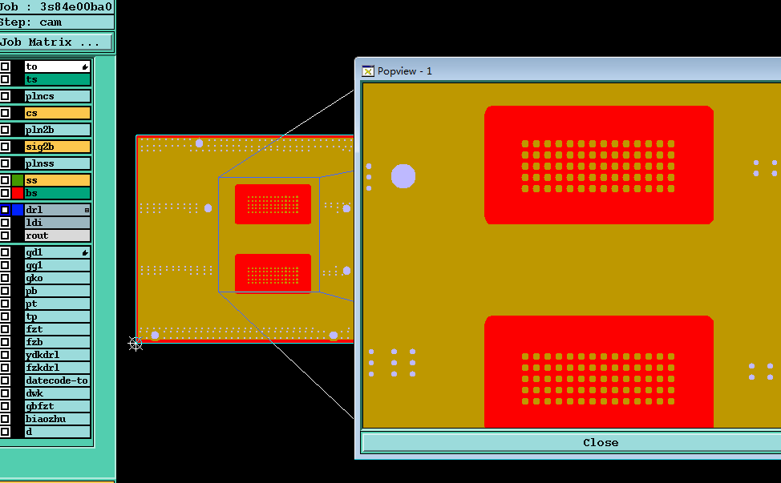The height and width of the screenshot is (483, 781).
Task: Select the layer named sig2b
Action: [x=57, y=147]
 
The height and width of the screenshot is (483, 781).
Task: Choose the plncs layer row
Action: [x=57, y=96]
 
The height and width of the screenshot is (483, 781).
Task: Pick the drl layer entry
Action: [x=57, y=210]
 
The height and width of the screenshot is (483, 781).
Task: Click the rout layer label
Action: [x=57, y=235]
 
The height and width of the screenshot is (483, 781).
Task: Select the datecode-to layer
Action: [x=57, y=380]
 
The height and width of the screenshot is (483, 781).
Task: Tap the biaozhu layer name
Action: [x=57, y=419]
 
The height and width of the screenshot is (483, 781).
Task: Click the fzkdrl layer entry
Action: [x=57, y=368]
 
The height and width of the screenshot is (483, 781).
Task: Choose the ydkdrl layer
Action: [x=57, y=355]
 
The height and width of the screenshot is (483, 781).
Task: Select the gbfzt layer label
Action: [x=57, y=406]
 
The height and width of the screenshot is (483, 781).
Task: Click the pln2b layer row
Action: [x=57, y=130]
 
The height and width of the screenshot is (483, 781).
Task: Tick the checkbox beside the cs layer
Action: [x=5, y=113]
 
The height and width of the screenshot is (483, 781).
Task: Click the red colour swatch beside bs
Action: [x=18, y=193]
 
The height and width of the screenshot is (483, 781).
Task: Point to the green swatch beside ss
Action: [x=18, y=180]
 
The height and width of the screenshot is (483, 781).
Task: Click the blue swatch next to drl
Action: [x=18, y=210]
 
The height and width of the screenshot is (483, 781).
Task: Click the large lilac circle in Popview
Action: [x=403, y=176]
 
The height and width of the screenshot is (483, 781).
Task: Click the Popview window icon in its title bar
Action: [x=368, y=70]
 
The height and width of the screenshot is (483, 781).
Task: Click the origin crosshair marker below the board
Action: [x=136, y=343]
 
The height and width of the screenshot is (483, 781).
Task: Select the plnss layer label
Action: [x=57, y=163]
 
